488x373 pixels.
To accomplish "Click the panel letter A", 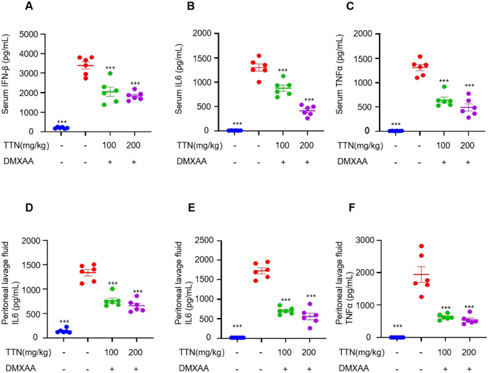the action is tap(29, 5).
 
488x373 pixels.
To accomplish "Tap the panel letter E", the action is tap(192, 208).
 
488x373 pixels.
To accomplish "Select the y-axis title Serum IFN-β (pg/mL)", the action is tap(5, 74).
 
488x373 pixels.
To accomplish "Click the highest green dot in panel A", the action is tap(110, 73).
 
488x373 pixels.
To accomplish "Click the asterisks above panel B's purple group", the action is tap(309, 100).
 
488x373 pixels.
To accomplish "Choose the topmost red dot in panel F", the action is tap(421, 246).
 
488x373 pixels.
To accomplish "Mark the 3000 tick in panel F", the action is tap(364, 240).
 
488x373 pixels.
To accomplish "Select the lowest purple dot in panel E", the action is tap(309, 328).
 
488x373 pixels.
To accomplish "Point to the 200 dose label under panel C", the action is tap(468, 145).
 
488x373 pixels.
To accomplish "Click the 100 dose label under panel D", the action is tap(111, 352).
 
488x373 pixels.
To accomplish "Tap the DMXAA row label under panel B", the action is tap(192, 161).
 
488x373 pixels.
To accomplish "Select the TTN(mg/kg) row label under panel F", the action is tap(362, 352).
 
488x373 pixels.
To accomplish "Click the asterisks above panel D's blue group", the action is tap(64, 321).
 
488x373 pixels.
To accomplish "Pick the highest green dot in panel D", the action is tap(112, 288).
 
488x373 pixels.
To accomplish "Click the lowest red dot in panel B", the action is tap(259, 82).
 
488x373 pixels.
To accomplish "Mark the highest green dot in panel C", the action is tap(444, 87).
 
